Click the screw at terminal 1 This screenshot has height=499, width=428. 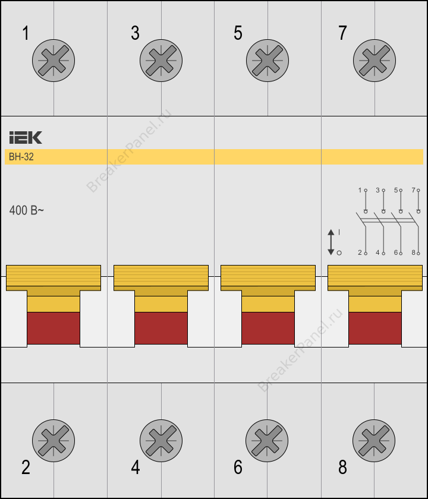tap(53, 61)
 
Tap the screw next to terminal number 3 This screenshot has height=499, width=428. tap(161, 61)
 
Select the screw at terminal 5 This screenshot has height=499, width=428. tap(267, 61)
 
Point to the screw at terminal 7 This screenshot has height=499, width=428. tap(374, 61)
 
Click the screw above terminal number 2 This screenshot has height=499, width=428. tap(53, 440)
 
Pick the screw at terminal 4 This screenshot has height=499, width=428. tap(161, 440)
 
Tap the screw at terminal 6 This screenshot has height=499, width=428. tap(267, 440)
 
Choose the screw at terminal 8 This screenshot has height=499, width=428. tap(374, 440)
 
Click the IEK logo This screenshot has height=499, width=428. tap(26, 137)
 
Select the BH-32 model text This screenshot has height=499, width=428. tap(21, 157)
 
